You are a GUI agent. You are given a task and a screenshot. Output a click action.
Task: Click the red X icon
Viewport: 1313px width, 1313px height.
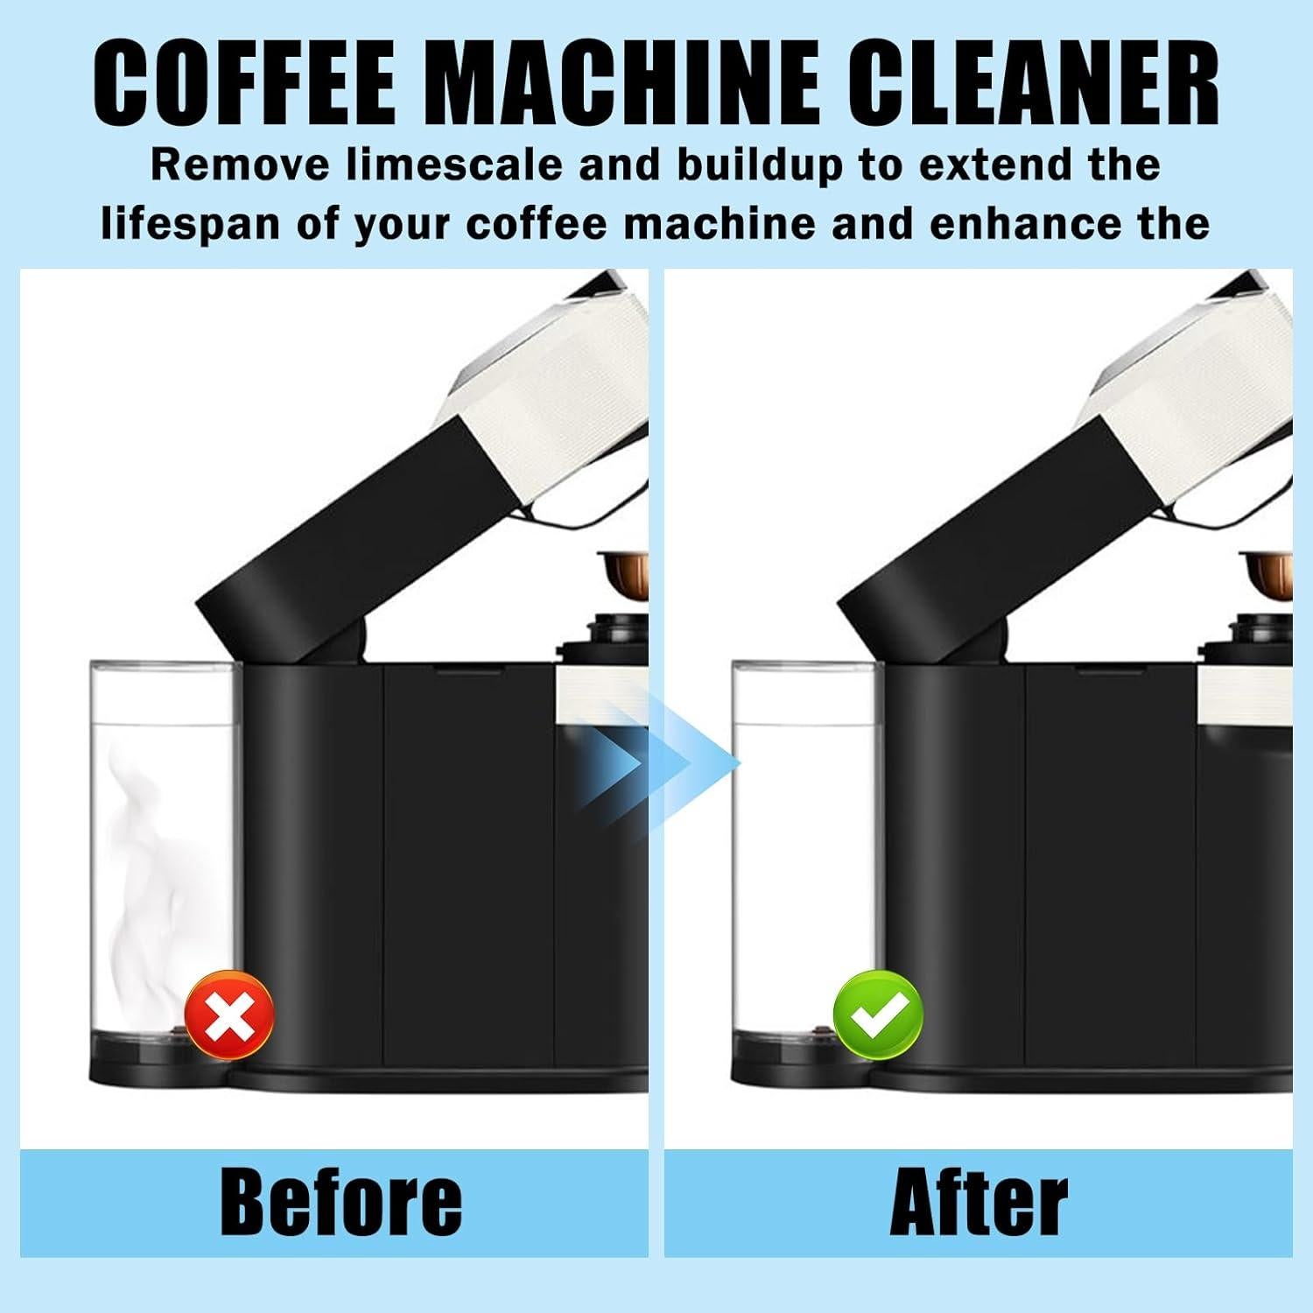pos(229,1015)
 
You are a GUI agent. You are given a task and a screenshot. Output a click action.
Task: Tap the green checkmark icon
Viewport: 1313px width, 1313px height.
pos(877,1015)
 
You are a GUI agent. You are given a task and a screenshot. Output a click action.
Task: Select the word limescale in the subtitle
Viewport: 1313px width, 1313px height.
pos(454,165)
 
